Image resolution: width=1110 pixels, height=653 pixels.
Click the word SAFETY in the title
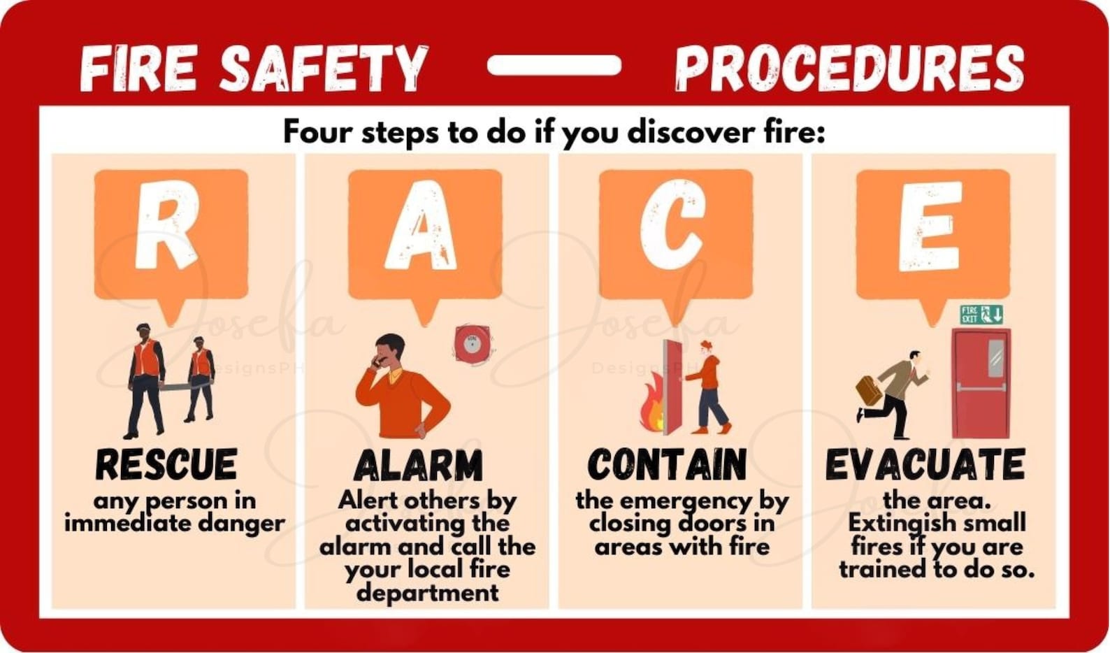(323, 68)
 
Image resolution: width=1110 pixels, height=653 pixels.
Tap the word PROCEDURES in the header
(849, 68)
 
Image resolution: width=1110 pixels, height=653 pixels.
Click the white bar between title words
(554, 65)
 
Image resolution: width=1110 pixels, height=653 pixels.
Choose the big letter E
(930, 224)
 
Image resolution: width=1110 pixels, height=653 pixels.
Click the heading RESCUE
(166, 464)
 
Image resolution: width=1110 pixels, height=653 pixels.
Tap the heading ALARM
(418, 466)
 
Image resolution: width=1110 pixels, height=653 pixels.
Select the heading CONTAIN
(667, 464)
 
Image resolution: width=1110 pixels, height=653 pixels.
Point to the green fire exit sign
(981, 315)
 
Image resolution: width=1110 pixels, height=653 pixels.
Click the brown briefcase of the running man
(869, 390)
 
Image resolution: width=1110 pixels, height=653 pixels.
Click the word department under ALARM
(427, 593)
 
